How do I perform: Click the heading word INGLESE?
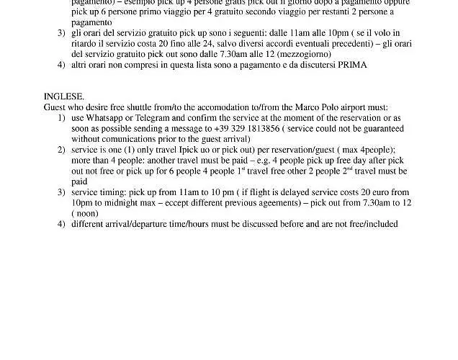pyautogui.click(x=64, y=96)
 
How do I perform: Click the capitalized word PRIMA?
pyautogui.click(x=352, y=64)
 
